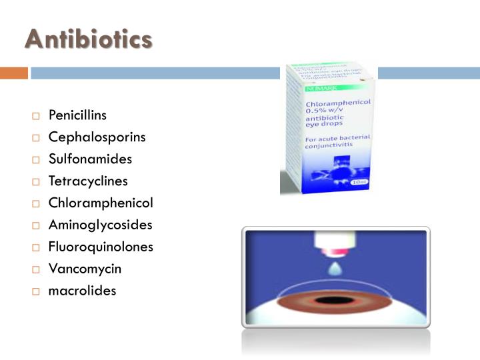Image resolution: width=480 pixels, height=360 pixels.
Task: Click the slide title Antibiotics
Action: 88,39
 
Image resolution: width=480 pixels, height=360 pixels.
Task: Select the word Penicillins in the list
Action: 77,115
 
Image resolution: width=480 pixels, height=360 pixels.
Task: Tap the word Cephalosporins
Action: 97,137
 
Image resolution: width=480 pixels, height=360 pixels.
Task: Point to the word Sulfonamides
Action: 90,159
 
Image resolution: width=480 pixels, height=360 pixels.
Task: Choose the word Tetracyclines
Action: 88,181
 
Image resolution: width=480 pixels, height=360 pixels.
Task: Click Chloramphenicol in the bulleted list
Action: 101,203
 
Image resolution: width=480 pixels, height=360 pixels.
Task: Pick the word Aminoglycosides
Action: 100,225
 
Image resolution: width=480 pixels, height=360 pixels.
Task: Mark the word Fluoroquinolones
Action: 101,247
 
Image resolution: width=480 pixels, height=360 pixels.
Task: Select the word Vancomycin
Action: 85,269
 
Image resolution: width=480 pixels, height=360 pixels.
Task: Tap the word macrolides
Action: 82,291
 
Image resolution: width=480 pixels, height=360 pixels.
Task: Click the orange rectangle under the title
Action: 13,73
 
